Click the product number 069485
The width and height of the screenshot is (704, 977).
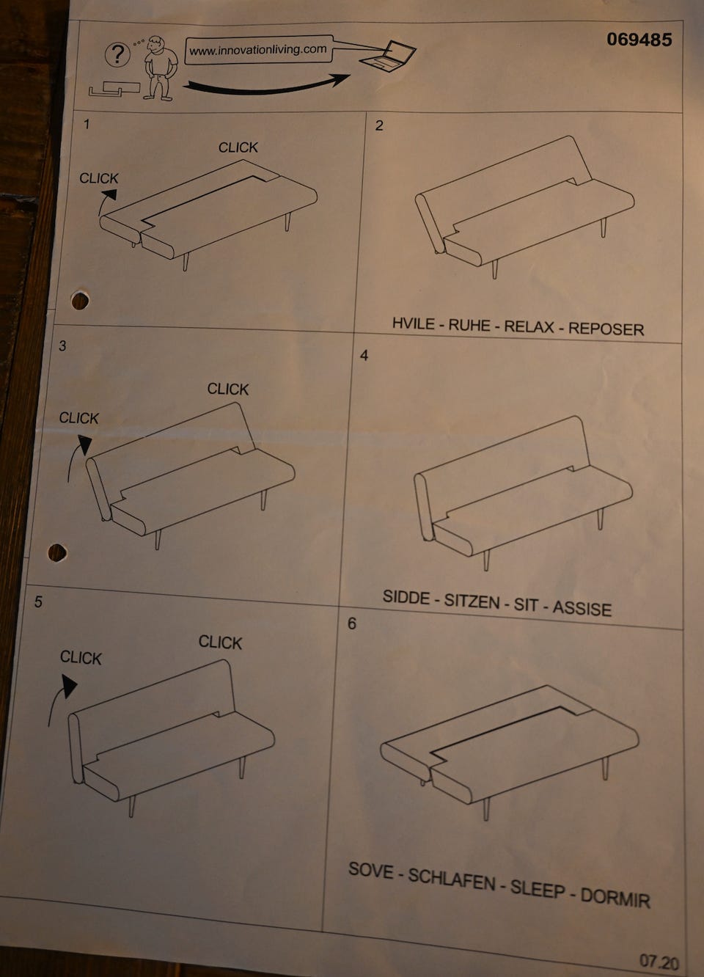(639, 40)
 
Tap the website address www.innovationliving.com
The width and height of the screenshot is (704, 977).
(258, 50)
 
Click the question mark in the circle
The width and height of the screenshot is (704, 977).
(117, 54)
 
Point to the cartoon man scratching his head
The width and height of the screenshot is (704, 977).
(161, 68)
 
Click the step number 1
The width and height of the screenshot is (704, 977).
(87, 124)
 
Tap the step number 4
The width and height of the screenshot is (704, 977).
(364, 355)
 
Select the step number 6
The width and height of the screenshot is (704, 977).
(351, 623)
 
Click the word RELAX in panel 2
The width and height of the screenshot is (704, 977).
(529, 326)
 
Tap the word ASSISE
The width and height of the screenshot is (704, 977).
(582, 609)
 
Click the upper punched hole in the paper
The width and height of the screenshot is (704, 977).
(80, 301)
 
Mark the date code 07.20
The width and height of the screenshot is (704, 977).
(659, 962)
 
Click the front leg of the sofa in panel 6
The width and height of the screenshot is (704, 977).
(486, 822)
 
